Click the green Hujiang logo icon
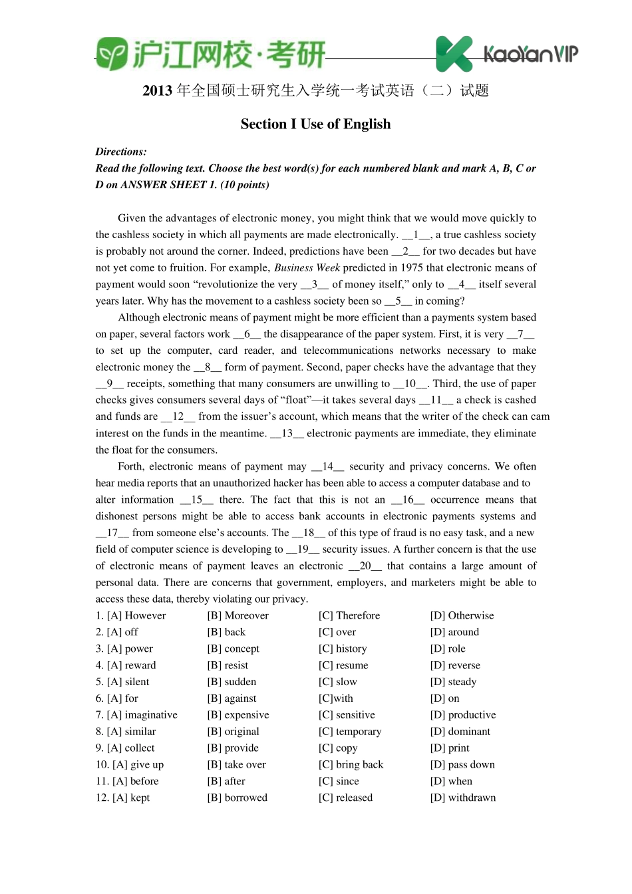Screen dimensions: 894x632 (x=111, y=54)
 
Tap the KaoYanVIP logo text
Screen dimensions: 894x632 (x=530, y=54)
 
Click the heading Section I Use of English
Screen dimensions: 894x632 (x=315, y=124)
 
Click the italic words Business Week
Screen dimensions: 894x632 (x=307, y=267)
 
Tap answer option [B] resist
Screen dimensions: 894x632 (x=228, y=665)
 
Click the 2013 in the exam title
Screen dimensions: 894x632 (x=158, y=90)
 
